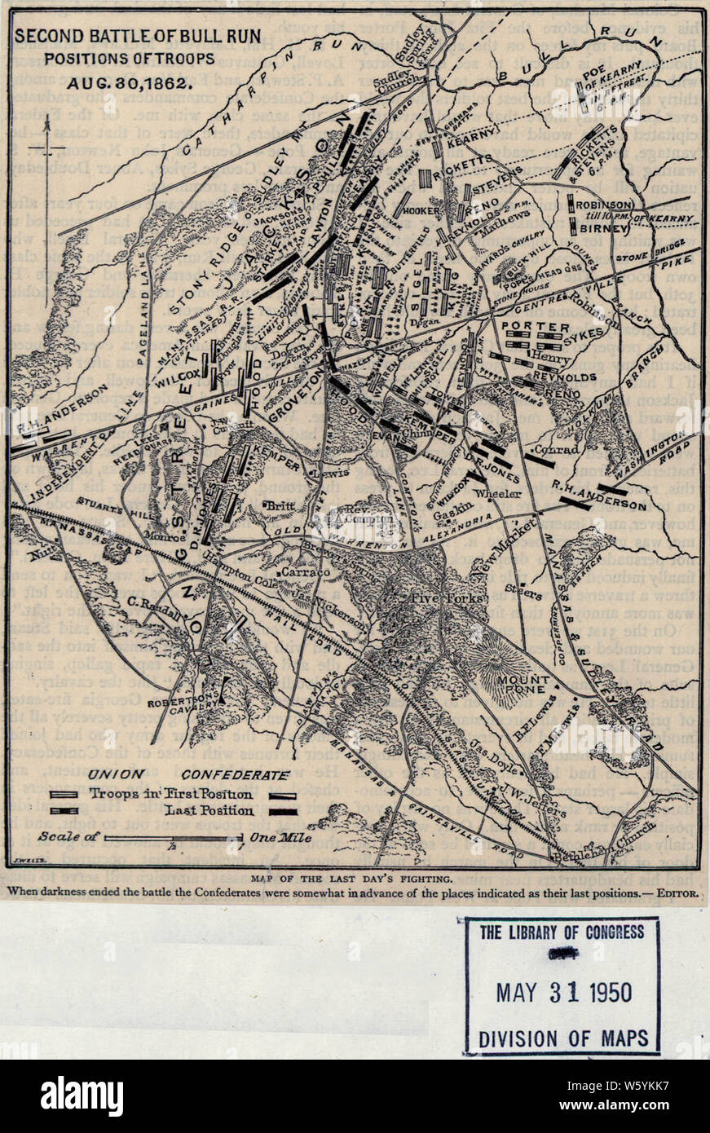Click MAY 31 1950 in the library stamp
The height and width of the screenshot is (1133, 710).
(x=563, y=992)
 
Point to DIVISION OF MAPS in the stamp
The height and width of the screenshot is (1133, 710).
(x=563, y=1038)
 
